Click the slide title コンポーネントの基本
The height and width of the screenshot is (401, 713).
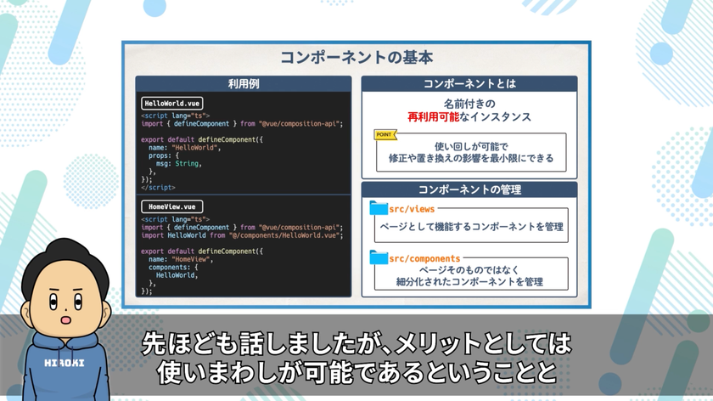click(356, 58)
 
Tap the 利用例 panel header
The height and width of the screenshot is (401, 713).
click(244, 84)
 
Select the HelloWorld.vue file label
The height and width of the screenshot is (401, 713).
click(171, 104)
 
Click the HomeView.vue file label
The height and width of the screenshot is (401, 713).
click(171, 206)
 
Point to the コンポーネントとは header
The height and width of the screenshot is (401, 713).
click(469, 84)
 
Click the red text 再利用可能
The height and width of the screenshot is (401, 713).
click(433, 117)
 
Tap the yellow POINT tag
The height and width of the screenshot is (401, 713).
click(385, 135)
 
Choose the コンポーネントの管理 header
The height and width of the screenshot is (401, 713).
click(469, 189)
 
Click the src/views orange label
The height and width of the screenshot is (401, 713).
click(412, 209)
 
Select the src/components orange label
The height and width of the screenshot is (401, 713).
click(424, 258)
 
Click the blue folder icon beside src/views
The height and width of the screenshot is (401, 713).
click(379, 208)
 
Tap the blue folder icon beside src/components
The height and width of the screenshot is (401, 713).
click(379, 257)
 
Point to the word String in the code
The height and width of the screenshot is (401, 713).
click(187, 163)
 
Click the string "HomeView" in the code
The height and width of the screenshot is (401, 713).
click(190, 259)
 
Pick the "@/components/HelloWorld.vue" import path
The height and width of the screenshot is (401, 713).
click(284, 235)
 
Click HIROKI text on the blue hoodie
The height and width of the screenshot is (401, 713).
click(65, 363)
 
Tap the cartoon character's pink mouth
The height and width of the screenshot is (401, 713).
click(66, 320)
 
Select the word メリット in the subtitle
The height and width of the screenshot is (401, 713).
click(438, 343)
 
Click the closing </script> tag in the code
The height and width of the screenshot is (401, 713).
click(158, 188)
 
